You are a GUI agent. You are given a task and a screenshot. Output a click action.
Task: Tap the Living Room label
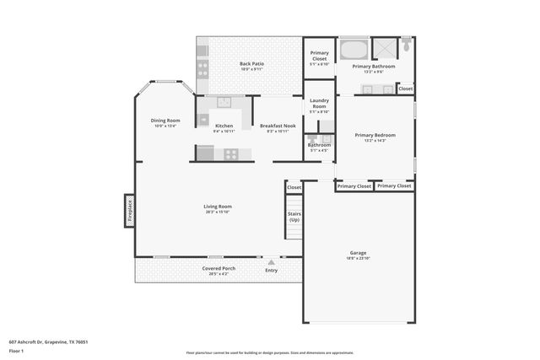(x=218, y=207)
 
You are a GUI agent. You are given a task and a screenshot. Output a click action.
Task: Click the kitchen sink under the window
(x=224, y=103)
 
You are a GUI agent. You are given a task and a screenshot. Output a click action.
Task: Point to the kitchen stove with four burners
(x=229, y=153)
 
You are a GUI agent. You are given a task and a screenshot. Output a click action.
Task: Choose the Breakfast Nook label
(x=278, y=126)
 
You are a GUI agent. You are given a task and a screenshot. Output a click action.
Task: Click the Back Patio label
(x=251, y=64)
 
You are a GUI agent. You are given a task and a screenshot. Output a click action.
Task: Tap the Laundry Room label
(x=319, y=104)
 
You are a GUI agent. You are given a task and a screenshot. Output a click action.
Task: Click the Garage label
(x=359, y=253)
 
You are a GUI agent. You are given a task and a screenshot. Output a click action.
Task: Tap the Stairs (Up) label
(x=294, y=217)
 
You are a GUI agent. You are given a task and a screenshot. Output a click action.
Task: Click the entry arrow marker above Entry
(x=271, y=261)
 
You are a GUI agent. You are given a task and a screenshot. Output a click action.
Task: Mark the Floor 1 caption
(x=17, y=351)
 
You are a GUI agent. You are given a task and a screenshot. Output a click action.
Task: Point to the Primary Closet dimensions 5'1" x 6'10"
(x=319, y=63)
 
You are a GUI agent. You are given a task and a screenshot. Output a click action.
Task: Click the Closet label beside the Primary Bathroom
(x=406, y=89)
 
